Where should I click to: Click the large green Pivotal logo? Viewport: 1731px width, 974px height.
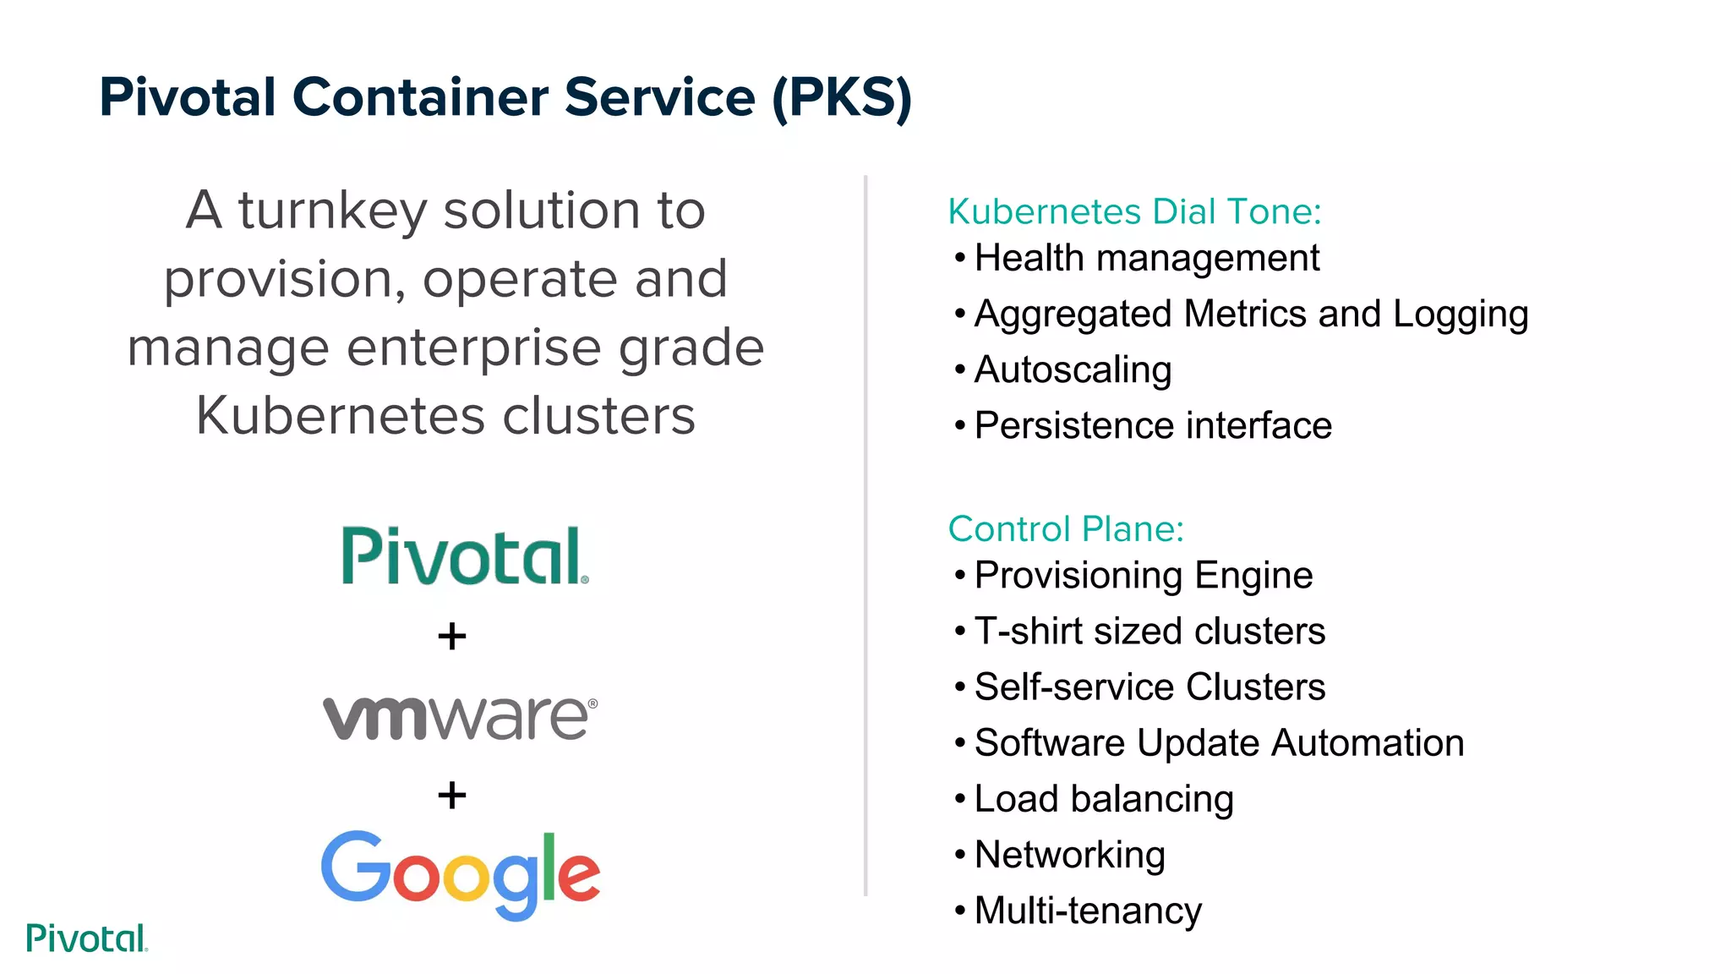tap(464, 556)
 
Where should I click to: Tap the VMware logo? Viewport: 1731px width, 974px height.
tap(460, 718)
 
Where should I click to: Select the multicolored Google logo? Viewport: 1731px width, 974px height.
tap(461, 874)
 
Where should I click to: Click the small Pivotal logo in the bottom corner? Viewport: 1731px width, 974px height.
tap(87, 938)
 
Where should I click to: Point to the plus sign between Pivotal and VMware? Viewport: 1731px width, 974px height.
tap(452, 636)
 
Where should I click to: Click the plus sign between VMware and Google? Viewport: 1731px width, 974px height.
tap(452, 795)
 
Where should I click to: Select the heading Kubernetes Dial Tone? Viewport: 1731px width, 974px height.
tap(1134, 211)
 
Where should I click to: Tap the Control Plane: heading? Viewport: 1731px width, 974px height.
tap(1066, 529)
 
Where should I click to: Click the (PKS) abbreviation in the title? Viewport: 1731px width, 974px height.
tap(842, 97)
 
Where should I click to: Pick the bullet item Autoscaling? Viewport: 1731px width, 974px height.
tap(1073, 369)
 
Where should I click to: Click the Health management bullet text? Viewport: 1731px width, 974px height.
tap(1146, 258)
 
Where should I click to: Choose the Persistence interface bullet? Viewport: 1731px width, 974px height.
tap(1153, 425)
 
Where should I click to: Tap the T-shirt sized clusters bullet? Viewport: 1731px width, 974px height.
tap(1149, 632)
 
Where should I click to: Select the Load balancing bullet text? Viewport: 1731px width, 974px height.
tap(1104, 799)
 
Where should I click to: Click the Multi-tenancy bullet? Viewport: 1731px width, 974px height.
tap(1088, 911)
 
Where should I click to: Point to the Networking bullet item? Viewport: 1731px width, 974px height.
tap(1070, 855)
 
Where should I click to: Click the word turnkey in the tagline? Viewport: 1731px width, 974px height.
tap(333, 211)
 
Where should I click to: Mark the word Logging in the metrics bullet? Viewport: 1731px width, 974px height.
tap(1461, 315)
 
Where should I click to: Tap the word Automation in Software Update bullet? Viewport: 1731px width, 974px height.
tap(1368, 743)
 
